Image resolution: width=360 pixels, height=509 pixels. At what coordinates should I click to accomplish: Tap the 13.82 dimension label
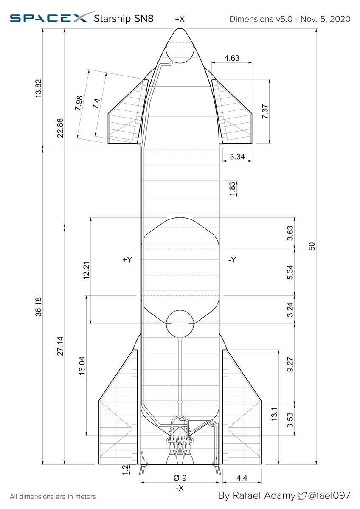(x=38, y=88)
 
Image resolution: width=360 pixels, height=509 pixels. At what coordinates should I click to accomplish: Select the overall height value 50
(x=312, y=246)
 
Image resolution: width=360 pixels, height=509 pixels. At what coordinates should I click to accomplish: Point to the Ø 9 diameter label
(x=180, y=478)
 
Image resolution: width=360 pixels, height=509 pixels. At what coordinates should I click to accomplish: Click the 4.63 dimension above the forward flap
(x=232, y=58)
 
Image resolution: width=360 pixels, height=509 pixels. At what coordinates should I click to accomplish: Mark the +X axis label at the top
(x=180, y=19)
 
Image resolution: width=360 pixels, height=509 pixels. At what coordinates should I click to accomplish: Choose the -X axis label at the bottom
(x=180, y=488)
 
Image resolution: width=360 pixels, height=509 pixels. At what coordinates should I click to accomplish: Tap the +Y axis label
(x=127, y=260)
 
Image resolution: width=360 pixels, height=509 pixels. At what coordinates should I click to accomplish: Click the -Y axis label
(x=232, y=260)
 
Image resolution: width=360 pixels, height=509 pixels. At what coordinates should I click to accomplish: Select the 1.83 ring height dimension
(x=232, y=189)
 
